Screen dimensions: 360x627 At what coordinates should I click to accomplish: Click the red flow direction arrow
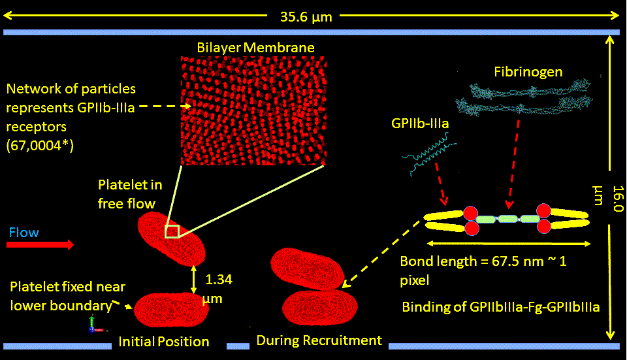click(x=40, y=245)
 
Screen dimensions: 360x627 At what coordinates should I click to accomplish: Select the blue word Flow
click(x=24, y=233)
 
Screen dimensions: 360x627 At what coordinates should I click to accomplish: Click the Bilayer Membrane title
click(x=256, y=48)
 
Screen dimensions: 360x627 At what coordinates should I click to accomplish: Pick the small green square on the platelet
click(x=172, y=231)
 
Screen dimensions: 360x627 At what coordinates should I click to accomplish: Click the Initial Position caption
click(x=163, y=342)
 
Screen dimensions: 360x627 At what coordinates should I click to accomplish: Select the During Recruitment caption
click(x=319, y=340)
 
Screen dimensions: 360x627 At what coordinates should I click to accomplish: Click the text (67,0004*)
click(x=40, y=146)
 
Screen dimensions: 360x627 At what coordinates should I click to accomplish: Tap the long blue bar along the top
click(x=312, y=32)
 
